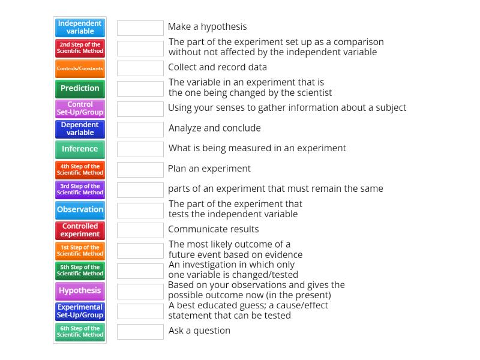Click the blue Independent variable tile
point(80,28)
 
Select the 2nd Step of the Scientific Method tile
point(80,48)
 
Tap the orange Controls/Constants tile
point(80,68)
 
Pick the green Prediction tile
point(80,89)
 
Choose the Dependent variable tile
point(80,129)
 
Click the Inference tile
point(80,149)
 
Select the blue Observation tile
point(80,210)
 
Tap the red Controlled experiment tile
point(80,230)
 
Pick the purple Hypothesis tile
point(80,291)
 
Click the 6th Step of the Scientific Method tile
point(80,332)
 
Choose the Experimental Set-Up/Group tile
point(80,311)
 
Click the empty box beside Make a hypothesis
point(140,28)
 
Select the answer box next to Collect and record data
point(140,68)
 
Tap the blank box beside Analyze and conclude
point(140,130)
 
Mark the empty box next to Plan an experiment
point(140,170)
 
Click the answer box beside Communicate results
point(140,230)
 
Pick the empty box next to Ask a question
point(140,332)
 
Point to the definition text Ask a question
point(199,331)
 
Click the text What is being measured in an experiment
point(257,148)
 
